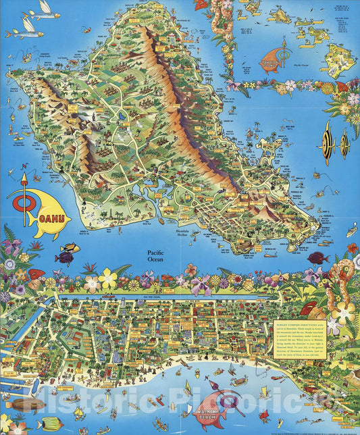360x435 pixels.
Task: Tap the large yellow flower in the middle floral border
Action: (x=107, y=278)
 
